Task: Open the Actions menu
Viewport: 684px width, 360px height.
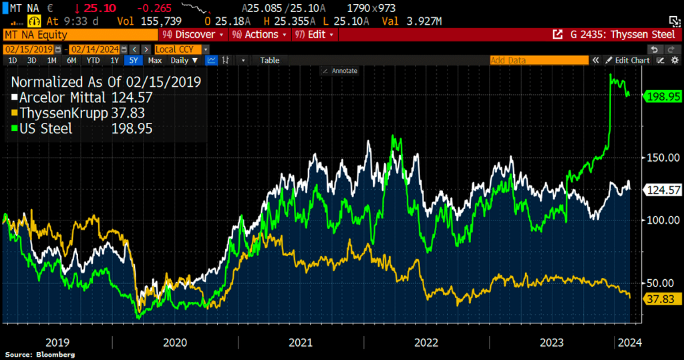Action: click(x=259, y=34)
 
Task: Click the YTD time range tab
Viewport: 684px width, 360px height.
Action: click(x=93, y=60)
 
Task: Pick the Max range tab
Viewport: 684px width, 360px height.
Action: click(x=155, y=60)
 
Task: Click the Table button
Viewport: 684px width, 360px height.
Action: click(x=269, y=60)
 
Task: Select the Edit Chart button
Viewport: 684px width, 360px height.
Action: click(x=628, y=60)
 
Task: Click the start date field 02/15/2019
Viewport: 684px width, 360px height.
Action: click(x=28, y=49)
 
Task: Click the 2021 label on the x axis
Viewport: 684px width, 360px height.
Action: click(x=301, y=343)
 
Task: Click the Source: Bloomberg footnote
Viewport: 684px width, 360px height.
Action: click(x=40, y=355)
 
